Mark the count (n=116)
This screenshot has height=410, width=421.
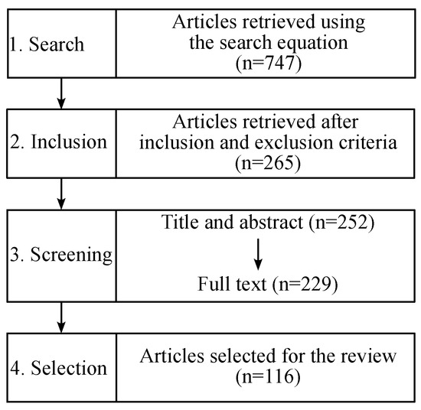click(259, 376)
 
